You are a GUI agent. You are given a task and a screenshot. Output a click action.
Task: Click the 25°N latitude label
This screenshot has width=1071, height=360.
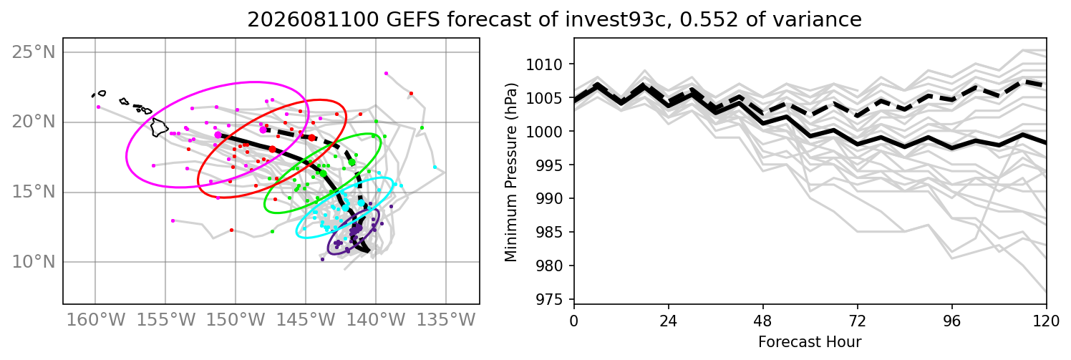(x=34, y=52)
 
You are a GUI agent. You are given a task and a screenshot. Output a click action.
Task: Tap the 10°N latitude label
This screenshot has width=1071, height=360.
(x=34, y=262)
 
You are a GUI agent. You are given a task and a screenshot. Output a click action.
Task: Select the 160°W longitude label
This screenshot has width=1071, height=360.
(x=96, y=320)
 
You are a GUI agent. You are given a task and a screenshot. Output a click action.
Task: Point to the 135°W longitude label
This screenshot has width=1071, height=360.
(x=446, y=320)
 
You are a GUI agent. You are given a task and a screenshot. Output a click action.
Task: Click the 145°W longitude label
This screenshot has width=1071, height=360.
(x=306, y=320)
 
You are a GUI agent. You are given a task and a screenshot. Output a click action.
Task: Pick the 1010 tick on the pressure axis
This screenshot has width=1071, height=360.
(x=544, y=64)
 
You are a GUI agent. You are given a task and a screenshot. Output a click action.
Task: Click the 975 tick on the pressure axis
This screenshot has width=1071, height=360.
(x=548, y=299)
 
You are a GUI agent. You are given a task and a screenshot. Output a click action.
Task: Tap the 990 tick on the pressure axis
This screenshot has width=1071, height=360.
(x=548, y=198)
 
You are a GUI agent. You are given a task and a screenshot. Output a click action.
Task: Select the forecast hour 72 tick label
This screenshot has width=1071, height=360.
(x=858, y=321)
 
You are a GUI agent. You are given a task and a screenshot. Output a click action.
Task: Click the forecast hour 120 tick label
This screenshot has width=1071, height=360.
(x=1046, y=321)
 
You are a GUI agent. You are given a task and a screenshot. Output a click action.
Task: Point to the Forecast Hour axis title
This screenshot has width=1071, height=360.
(x=810, y=342)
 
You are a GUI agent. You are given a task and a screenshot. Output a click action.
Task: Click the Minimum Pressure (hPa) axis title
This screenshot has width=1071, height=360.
(x=510, y=172)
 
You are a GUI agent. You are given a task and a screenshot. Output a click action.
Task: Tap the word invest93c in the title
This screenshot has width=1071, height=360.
(x=615, y=19)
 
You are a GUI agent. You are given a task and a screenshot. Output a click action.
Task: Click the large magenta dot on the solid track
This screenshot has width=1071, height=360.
(x=218, y=135)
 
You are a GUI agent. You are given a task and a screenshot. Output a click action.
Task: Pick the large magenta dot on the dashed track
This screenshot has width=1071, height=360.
(x=263, y=130)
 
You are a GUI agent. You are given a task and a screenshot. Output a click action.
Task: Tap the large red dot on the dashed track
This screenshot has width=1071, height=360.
(x=311, y=137)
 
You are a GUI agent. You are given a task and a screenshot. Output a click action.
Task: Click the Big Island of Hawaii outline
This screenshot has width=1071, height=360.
(x=160, y=127)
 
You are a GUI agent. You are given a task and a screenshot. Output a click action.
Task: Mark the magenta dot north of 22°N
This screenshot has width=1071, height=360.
(x=387, y=73)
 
